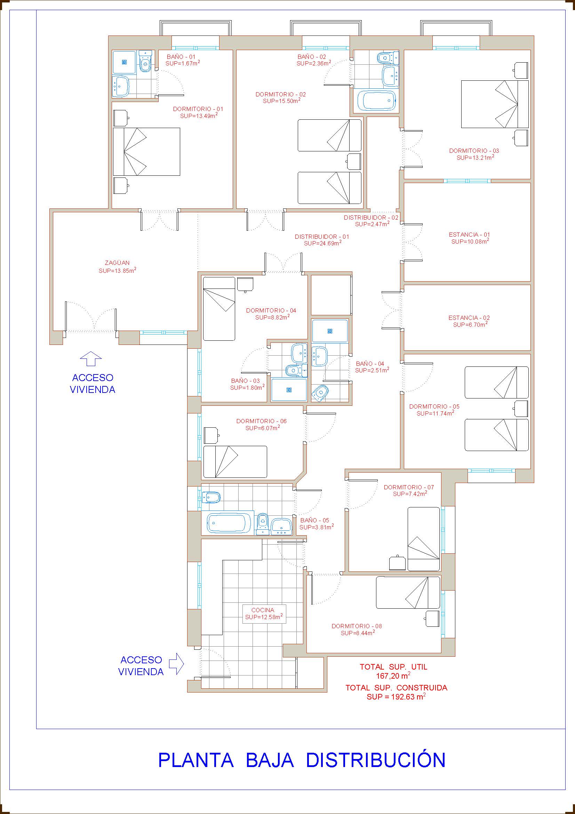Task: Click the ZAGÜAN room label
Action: [117, 263]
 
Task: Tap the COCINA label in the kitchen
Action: [263, 610]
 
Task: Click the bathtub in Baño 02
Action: [376, 101]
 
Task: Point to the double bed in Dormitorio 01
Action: [147, 152]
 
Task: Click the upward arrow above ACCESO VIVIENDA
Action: [91, 358]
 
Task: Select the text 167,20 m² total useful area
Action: [393, 676]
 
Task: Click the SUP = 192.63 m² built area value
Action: [396, 697]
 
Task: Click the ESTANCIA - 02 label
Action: [469, 318]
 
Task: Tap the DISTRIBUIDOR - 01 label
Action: [322, 236]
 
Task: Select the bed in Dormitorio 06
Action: [235, 461]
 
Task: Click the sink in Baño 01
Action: [121, 87]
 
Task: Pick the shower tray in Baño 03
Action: [289, 390]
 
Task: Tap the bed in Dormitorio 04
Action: [219, 308]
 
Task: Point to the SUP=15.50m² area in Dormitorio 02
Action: [282, 101]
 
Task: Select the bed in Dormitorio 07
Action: [423, 539]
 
